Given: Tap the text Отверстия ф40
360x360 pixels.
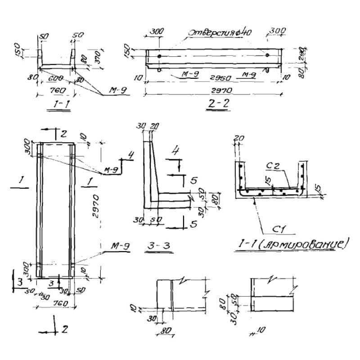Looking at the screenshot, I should [x=219, y=33].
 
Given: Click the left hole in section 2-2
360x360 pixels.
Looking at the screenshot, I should [x=159, y=56].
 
